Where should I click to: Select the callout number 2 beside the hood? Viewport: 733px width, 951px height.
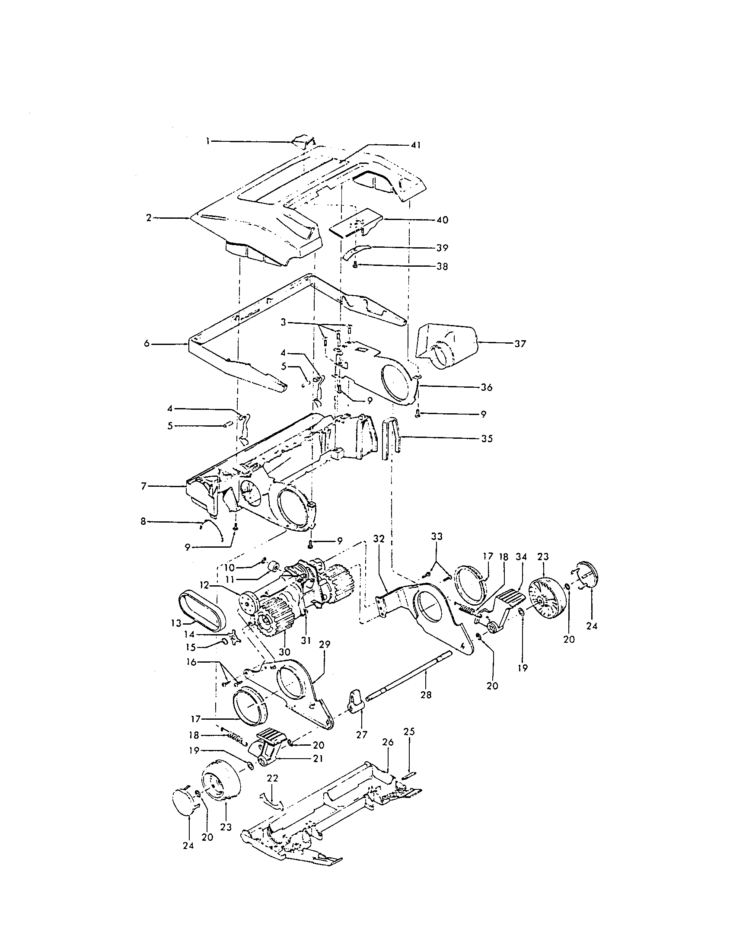tap(149, 218)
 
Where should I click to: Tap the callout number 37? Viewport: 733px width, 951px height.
tap(520, 344)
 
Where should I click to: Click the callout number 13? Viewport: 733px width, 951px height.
tap(176, 623)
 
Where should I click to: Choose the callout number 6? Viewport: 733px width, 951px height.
tap(147, 344)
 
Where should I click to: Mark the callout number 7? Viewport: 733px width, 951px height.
tap(144, 486)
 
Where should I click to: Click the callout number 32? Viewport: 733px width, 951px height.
tap(379, 539)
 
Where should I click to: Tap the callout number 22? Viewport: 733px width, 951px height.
tap(272, 778)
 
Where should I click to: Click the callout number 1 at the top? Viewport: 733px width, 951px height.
tap(208, 141)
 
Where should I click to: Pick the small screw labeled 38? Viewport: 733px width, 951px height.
tap(355, 265)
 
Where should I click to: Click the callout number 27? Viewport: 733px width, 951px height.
tap(362, 734)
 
